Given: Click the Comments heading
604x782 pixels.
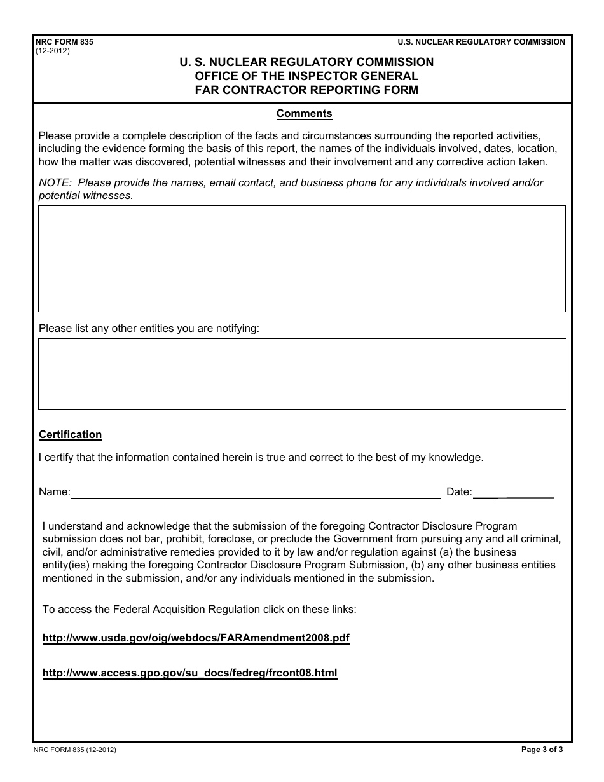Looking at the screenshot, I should pos(304,114).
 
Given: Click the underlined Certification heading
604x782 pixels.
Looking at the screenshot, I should pos(70,435).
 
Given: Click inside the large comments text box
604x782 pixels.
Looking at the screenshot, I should pos(301,258).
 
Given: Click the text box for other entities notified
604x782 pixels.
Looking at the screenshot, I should pos(301,374).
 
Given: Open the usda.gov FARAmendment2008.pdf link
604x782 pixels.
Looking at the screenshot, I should pos(196,638).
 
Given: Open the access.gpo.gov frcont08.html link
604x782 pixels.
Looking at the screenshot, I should pos(189,673).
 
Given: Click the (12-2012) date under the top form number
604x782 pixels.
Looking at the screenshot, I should pos(53,51).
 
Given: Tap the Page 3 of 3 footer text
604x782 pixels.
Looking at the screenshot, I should pos(542,750).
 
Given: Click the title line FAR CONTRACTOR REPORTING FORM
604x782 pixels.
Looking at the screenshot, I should pos(306,90).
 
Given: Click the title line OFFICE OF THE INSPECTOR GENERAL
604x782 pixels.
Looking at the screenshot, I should pos(306,76).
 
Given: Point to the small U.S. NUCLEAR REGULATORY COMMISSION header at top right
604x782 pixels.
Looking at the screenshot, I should pos(481,42).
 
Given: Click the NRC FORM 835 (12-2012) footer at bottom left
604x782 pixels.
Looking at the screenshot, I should pos(75,750).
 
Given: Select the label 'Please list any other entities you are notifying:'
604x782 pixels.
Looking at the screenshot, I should pos(149,329).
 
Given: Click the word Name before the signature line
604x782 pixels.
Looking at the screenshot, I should pos(53,492).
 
